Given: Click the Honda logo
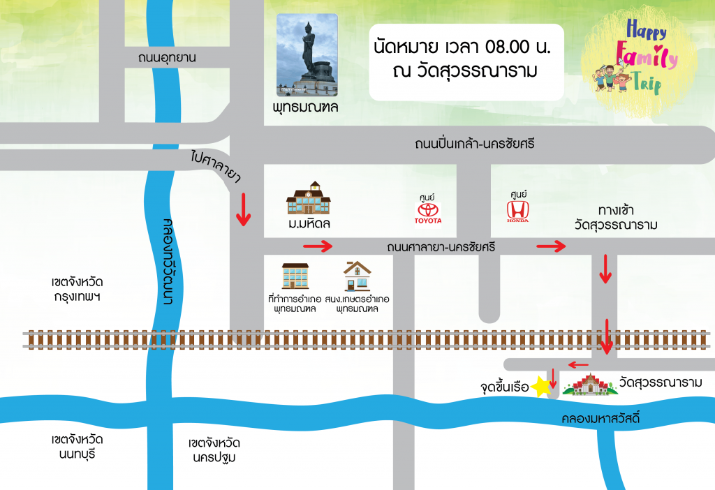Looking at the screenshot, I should point(517,210).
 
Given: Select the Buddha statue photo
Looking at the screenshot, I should point(307,56).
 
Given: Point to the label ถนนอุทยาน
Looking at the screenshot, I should point(168,58).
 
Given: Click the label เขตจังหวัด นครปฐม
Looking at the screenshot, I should point(214,450).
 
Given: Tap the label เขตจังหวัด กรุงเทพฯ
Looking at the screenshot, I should point(77,290).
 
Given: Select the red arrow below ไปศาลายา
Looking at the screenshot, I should point(243,210).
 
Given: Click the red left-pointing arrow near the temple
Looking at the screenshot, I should point(578,364).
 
